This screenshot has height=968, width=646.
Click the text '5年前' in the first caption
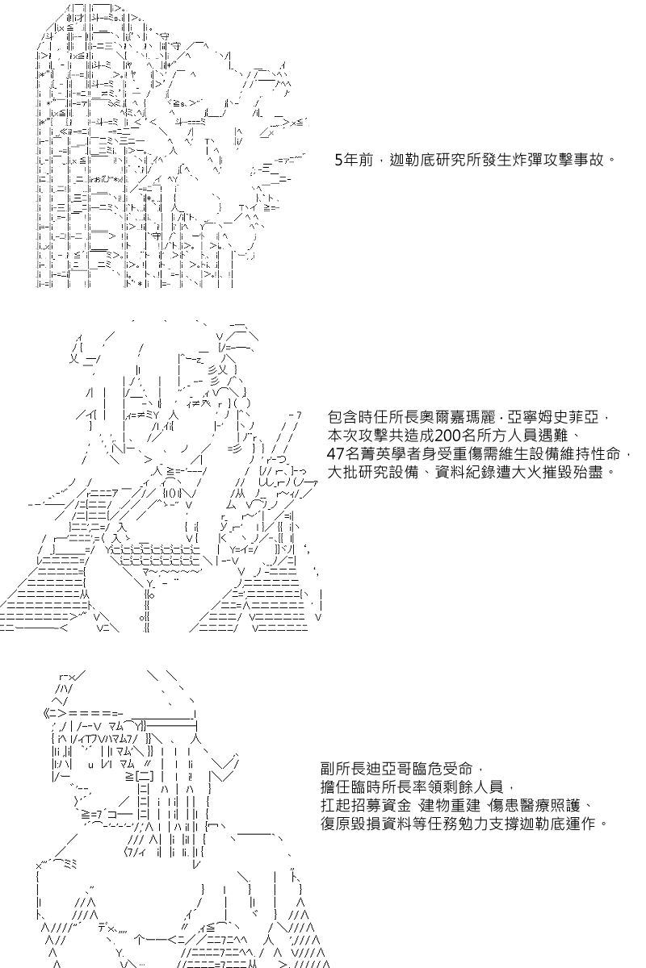(x=354, y=161)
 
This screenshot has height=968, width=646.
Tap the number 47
(x=336, y=453)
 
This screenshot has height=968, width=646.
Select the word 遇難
(x=557, y=436)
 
